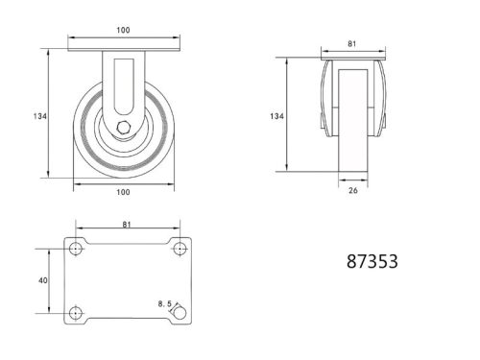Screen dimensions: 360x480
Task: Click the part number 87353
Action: point(370,260)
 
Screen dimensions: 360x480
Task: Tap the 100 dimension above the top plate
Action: point(123,31)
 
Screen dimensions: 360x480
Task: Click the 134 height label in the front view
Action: point(276,115)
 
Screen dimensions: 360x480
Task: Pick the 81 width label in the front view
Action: point(352,43)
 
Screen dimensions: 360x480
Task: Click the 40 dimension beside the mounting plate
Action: point(41,280)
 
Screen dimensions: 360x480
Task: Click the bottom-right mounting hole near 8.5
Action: point(179,312)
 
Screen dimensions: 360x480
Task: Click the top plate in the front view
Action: point(352,58)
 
